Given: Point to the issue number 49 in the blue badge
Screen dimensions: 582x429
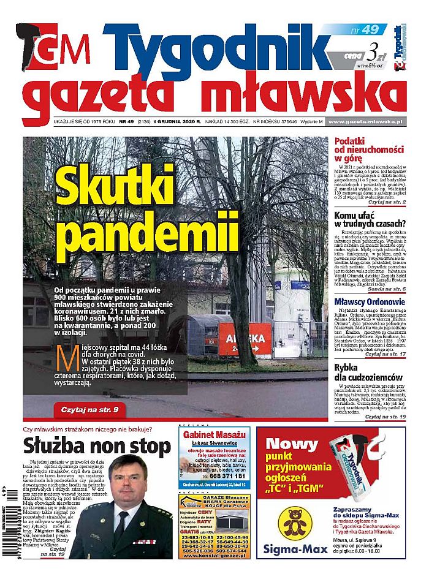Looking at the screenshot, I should point(370,29).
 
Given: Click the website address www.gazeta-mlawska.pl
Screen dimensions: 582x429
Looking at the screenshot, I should point(365,123).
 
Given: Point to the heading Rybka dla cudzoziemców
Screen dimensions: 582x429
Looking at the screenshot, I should point(368,372).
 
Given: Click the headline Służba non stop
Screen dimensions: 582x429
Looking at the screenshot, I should point(97,445).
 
